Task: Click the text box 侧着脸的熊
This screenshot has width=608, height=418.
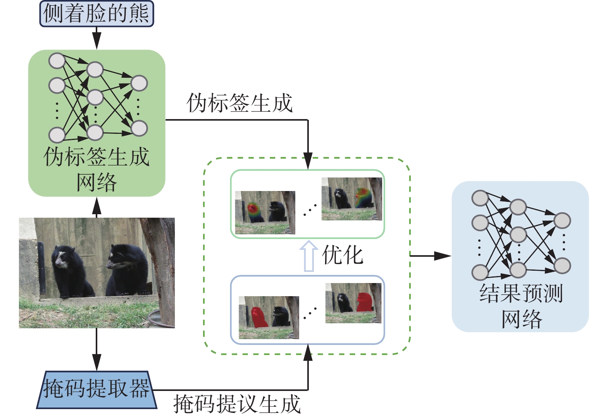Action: pos(97,14)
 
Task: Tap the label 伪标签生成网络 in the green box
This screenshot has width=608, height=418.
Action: pos(97,169)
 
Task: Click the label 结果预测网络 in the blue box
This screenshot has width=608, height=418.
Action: pos(521,306)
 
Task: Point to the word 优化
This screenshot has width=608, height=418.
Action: pos(343,255)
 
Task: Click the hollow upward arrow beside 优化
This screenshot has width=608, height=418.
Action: pos(309,256)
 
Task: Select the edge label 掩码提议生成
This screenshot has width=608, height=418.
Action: pos(237,404)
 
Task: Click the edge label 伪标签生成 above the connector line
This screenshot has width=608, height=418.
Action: pos(239,103)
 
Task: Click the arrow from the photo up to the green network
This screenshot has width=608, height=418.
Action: pos(97,207)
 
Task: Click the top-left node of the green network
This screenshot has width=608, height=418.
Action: pos(57,61)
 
